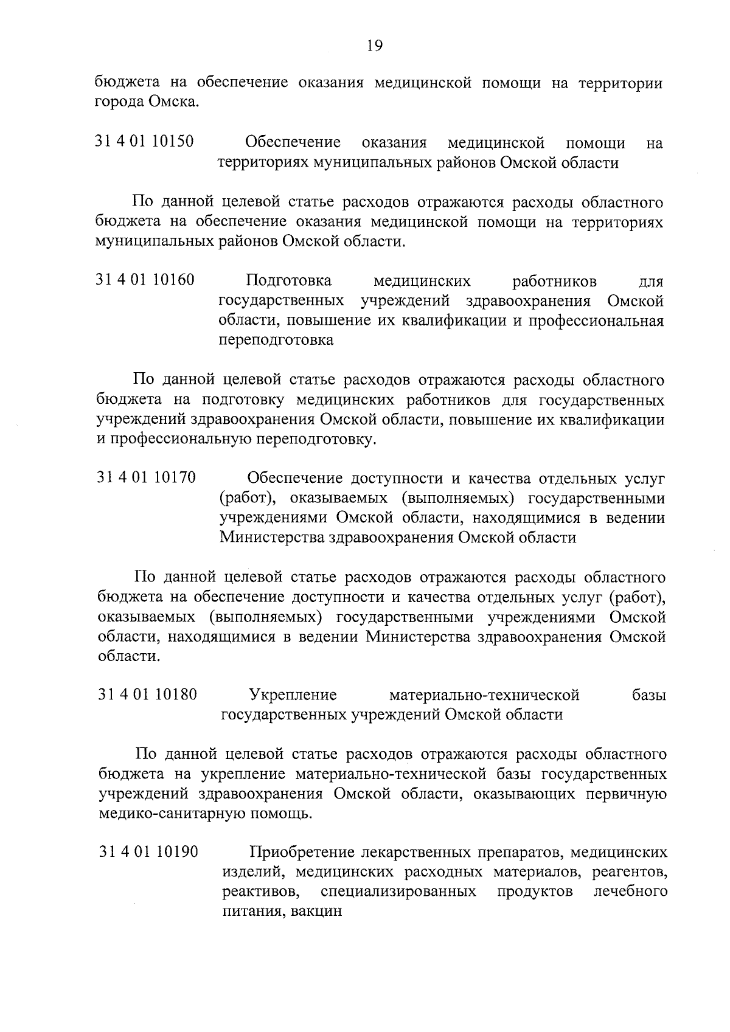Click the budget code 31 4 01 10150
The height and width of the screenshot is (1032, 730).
pos(145,142)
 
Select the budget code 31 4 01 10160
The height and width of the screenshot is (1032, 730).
pos(145,280)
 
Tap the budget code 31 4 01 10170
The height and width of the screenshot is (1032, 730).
pos(146,477)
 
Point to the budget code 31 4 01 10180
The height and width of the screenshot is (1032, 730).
pos(147,694)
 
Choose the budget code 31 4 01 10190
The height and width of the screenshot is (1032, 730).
pos(148,852)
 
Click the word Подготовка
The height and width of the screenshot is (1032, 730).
pos(289,281)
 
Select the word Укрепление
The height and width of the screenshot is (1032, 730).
pos(293,694)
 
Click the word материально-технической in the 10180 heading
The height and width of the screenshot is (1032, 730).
pos(484,694)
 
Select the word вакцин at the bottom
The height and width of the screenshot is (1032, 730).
pos(317,912)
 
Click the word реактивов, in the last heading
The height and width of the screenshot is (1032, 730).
pos(260,892)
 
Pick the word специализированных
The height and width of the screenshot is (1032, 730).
pos(398,892)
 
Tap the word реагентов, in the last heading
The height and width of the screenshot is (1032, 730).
pos(627,872)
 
